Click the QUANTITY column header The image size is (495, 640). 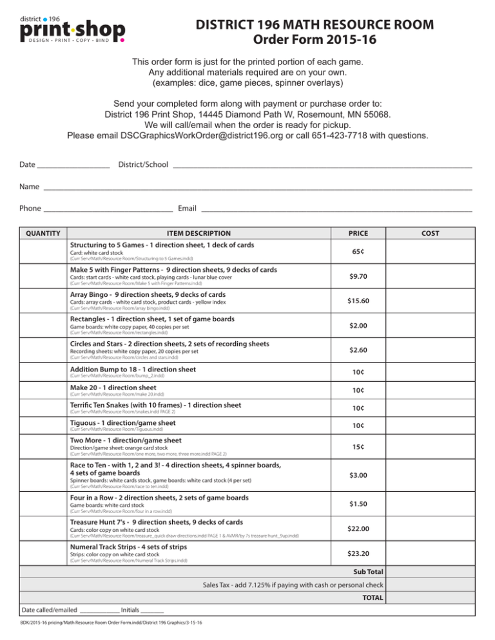40,233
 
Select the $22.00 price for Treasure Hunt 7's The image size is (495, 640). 358,529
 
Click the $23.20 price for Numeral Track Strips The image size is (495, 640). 358,553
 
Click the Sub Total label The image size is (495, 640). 367,571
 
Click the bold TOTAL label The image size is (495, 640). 373,598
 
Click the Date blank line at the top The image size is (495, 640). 73,165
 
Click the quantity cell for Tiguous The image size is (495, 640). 40,426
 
